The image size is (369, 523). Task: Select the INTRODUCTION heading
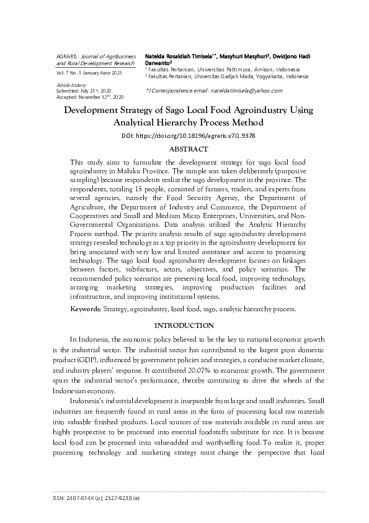tap(184, 325)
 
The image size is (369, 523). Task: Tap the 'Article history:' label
tap(71, 84)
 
